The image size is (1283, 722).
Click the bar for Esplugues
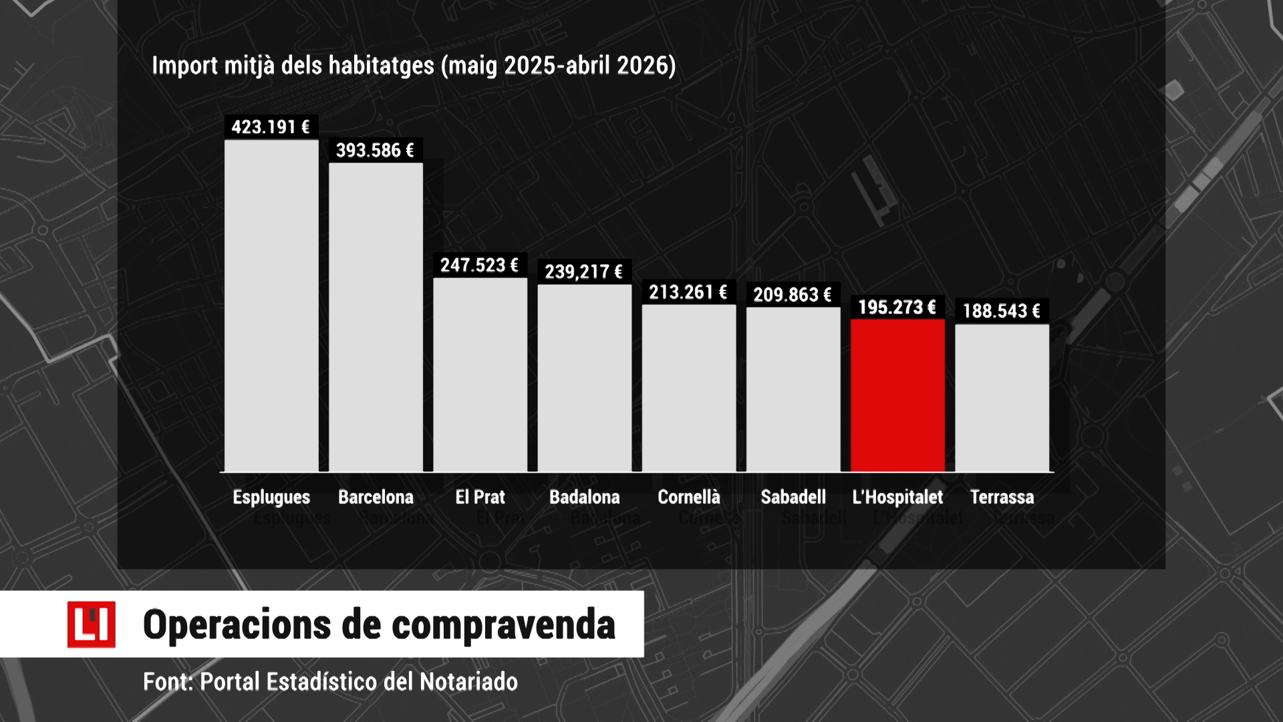pos(271,306)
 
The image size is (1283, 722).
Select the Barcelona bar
pos(376,318)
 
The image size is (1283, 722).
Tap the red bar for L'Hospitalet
pos(897,396)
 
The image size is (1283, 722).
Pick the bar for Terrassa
pos(1002,398)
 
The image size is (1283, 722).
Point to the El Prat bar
pos(480,375)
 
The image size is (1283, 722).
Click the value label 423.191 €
pos(271,127)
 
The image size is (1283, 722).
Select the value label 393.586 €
pos(375,150)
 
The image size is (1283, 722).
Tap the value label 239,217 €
pos(583,272)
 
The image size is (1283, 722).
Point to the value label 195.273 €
pos(897,308)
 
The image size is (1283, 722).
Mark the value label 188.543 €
pos(1001,311)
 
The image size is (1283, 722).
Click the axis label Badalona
pos(585,497)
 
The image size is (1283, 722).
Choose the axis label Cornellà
pos(689,497)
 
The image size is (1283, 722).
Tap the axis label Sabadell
pos(793,497)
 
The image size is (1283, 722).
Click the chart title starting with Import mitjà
pos(414,66)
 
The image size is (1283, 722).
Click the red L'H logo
pos(92,624)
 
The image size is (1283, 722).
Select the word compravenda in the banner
pos(503,626)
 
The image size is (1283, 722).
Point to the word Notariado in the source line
pos(468,682)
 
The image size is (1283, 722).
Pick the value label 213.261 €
pos(688,292)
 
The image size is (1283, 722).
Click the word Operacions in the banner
pos(237,626)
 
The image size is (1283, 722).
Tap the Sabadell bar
pos(793,390)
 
